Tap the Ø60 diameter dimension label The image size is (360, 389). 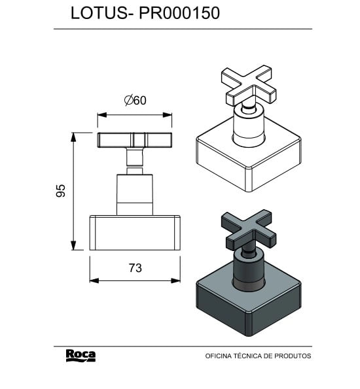tap(135, 100)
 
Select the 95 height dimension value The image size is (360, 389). tap(60, 190)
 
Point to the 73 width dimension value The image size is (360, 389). tap(135, 267)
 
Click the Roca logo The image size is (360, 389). tap(81, 355)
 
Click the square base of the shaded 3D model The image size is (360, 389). tap(249, 301)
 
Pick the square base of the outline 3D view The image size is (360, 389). tap(249, 160)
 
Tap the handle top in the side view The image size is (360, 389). tap(135, 140)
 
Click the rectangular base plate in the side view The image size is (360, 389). tap(135, 232)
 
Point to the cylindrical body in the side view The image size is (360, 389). tap(135, 194)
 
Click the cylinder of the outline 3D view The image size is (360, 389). tap(249, 127)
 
